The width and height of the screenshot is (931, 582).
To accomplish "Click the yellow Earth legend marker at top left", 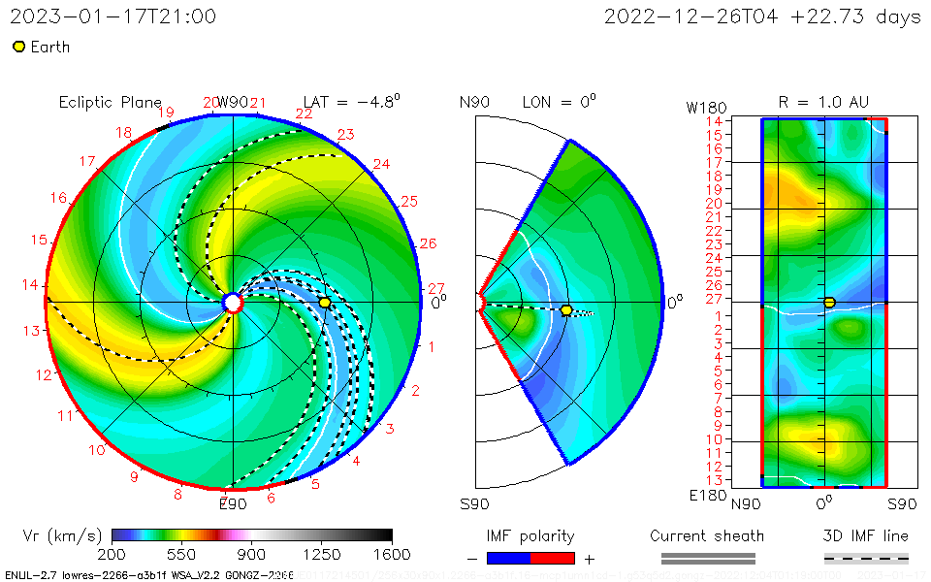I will [x=18, y=47].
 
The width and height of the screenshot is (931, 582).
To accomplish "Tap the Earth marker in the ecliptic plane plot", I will [x=325, y=303].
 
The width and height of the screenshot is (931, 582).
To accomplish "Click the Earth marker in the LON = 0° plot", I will [x=566, y=310].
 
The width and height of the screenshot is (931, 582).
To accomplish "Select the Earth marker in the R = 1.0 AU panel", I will [x=829, y=303].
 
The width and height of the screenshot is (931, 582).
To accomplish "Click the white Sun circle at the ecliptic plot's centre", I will [x=233, y=303].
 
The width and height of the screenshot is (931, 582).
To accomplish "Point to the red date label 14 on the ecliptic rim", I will [x=30, y=285].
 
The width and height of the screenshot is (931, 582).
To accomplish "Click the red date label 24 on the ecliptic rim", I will [x=381, y=164].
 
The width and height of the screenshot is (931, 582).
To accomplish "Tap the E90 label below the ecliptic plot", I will [x=233, y=503].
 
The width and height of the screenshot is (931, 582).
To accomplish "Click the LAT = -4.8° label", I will [x=351, y=101].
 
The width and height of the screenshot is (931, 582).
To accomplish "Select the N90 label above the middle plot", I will [x=475, y=102].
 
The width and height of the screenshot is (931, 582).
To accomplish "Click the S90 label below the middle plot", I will [x=475, y=503].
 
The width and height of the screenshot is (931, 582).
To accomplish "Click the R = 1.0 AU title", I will [x=823, y=102].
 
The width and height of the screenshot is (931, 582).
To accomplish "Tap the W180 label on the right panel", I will [x=705, y=107].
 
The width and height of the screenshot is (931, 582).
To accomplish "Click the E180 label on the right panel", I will [x=705, y=496].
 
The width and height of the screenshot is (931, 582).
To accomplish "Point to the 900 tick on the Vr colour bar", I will [x=252, y=554].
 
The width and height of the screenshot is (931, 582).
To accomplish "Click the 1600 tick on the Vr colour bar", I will [x=392, y=554].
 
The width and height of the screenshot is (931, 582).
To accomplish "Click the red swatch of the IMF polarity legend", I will [x=553, y=558].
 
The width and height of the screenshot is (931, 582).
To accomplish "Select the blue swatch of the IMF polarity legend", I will [x=508, y=558].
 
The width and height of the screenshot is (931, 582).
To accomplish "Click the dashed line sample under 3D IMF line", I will [x=866, y=558].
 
